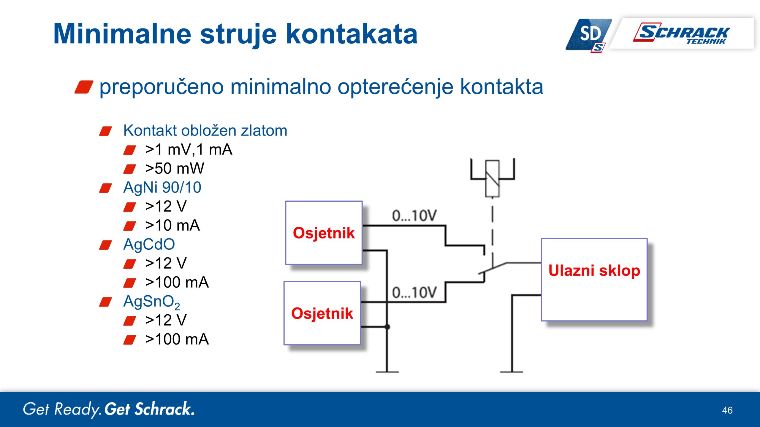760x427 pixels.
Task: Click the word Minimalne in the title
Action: [x=122, y=34]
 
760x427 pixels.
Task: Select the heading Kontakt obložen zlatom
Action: [x=205, y=130]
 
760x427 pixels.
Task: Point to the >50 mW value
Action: [x=175, y=168]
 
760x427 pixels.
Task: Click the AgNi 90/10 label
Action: [x=162, y=187]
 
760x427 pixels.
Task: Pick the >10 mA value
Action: [x=172, y=225]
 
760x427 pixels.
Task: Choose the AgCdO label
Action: [x=149, y=244]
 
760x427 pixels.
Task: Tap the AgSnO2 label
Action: [x=151, y=302]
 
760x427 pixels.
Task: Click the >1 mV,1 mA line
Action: [x=189, y=149]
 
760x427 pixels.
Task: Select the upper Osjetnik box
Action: [x=324, y=233]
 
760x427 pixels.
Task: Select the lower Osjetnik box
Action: [x=322, y=313]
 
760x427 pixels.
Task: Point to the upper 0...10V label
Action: [x=414, y=216]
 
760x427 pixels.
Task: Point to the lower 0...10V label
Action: [x=414, y=293]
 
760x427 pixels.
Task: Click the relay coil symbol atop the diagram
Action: [x=492, y=179]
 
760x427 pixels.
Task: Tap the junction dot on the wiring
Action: [x=387, y=327]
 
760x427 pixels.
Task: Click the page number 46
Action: [x=727, y=410]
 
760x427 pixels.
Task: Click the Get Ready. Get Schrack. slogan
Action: [x=109, y=409]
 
